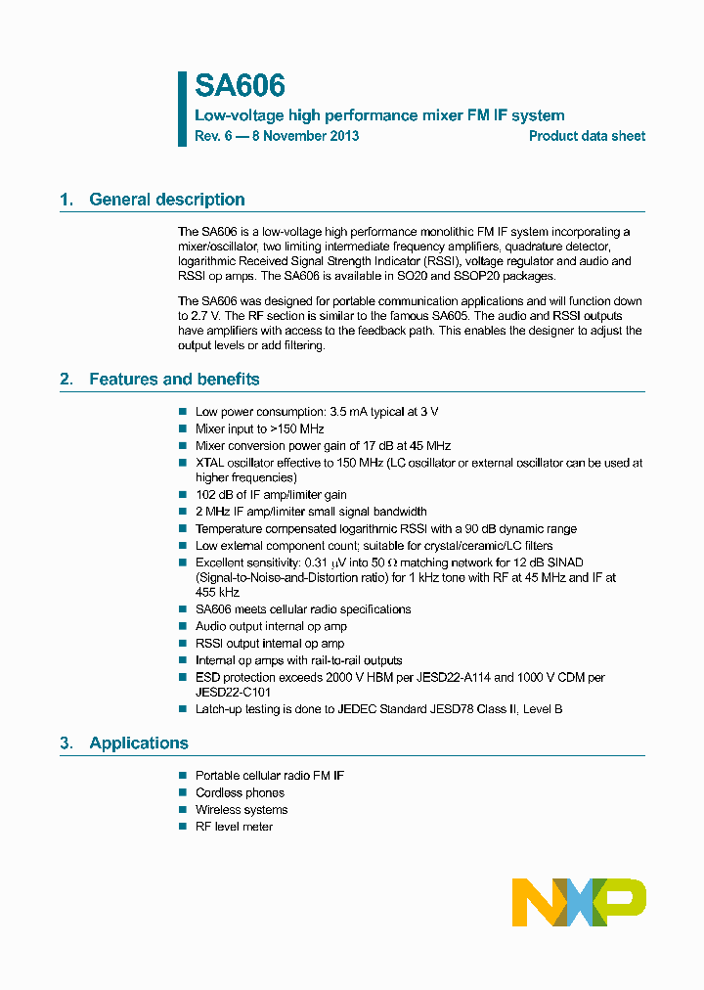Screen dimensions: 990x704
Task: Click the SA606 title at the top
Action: pos(240,86)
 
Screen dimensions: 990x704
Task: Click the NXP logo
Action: pos(579,902)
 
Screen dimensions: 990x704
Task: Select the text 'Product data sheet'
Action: pos(587,136)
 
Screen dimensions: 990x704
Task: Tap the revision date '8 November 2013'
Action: pos(305,136)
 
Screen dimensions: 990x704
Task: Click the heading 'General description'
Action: pos(166,200)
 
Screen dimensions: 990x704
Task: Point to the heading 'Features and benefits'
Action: pos(174,379)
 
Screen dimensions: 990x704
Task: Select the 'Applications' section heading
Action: pos(139,742)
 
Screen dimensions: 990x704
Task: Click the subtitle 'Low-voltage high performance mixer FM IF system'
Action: pos(379,115)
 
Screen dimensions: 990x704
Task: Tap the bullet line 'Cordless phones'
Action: pos(240,792)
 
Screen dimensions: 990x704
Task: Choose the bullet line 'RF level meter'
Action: pos(234,827)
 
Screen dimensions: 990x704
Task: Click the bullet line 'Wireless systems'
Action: pos(242,810)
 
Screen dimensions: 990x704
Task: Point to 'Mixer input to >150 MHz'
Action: pos(259,428)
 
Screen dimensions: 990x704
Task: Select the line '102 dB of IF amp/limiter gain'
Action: pos(271,495)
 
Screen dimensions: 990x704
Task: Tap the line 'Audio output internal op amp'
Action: pos(271,626)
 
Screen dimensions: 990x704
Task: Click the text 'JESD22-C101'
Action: pos(233,692)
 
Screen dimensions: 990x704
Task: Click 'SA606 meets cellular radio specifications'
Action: pos(303,609)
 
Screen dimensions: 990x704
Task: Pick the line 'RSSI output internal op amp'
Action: pos(270,643)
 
